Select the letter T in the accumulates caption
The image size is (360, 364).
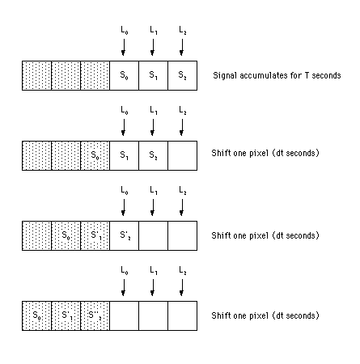pos(307,75)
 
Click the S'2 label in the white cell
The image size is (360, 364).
pos(125,235)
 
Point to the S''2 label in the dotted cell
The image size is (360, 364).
pos(95,315)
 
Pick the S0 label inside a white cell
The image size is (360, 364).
pos(124,75)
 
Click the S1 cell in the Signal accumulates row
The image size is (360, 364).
pos(153,75)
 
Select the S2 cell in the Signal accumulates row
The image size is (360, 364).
pos(182,75)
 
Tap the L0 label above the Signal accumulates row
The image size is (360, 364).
pos(125,30)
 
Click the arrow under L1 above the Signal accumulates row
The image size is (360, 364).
pos(153,47)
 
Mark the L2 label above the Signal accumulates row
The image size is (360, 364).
pos(183,30)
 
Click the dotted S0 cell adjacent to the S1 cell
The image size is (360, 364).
pos(95,155)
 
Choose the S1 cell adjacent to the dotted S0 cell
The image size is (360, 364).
pos(124,155)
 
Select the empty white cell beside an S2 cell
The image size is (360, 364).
pos(182,155)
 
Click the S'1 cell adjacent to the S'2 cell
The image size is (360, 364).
pos(95,235)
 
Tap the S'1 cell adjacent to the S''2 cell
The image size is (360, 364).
pos(66,315)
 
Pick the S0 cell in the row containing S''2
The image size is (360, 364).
pos(36,315)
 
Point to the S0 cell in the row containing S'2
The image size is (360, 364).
pos(66,235)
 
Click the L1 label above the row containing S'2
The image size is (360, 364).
pos(154,190)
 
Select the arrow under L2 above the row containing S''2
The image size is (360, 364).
pos(182,287)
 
